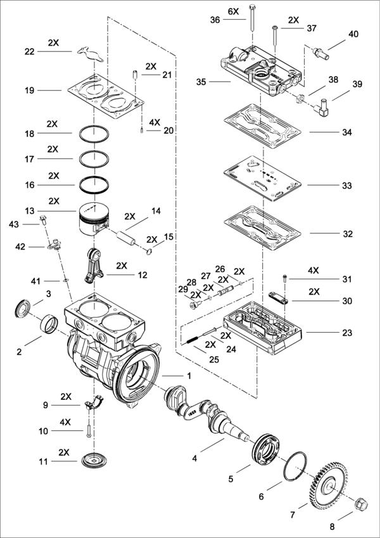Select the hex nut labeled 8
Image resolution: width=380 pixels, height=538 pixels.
[361, 503]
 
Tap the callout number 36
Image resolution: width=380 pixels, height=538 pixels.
[215, 20]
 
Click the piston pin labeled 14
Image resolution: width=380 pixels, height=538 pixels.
[126, 238]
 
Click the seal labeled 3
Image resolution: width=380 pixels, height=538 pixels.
[23, 308]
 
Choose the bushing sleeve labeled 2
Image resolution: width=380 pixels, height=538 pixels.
[49, 324]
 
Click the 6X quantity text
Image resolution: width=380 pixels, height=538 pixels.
[233, 11]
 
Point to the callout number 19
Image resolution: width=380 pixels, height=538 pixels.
[30, 91]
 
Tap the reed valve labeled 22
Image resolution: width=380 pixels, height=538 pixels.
[90, 54]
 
